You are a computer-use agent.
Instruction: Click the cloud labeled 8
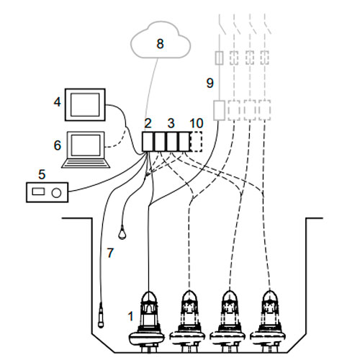[x=161, y=40]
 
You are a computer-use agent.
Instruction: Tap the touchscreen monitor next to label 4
[x=85, y=105]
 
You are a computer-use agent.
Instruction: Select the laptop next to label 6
[x=86, y=150]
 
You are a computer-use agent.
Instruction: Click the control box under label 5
[x=47, y=192]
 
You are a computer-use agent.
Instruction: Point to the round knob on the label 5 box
[x=57, y=193]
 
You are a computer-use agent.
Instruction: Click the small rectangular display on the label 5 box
[x=38, y=192]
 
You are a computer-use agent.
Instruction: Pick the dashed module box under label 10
[x=196, y=142]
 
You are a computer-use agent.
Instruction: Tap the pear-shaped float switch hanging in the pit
[x=122, y=232]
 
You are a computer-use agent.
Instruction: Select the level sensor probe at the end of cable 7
[x=101, y=315]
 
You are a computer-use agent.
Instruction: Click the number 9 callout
[x=210, y=84]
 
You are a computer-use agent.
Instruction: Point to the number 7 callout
[x=110, y=253]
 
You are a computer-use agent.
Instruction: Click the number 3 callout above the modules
[x=171, y=123]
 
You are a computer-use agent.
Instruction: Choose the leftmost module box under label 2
[x=148, y=142]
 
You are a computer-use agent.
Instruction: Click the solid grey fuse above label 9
[x=219, y=58]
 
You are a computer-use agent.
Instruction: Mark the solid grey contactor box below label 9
[x=219, y=110]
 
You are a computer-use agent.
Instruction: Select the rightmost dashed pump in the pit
[x=269, y=322]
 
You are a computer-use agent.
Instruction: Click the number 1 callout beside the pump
[x=130, y=316]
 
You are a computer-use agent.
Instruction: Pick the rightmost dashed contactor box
[x=265, y=110]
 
